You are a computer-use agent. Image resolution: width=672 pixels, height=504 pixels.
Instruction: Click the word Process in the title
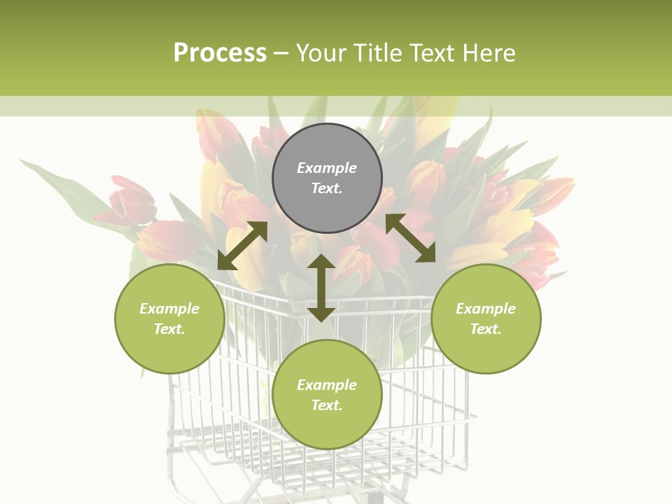(x=220, y=53)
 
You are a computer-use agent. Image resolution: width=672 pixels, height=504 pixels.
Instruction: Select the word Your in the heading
(x=321, y=53)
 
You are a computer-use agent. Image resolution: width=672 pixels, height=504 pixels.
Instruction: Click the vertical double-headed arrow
(x=321, y=288)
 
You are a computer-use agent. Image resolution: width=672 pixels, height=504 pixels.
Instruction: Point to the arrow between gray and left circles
(x=242, y=246)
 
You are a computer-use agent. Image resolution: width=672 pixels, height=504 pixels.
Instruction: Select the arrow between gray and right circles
(x=410, y=238)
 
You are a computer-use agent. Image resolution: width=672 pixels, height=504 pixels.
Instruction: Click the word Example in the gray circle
(x=327, y=168)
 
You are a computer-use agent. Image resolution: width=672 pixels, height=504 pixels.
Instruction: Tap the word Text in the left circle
(x=169, y=329)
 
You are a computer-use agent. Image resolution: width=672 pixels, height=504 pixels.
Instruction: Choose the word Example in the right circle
(x=486, y=309)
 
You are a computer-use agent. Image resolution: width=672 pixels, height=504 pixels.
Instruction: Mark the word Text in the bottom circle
(x=327, y=405)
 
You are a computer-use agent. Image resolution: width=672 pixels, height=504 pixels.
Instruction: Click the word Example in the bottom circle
(x=327, y=385)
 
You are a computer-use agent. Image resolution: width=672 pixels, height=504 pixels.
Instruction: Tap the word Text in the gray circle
(x=327, y=188)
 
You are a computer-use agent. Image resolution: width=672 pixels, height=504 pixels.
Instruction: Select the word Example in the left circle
(x=169, y=309)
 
